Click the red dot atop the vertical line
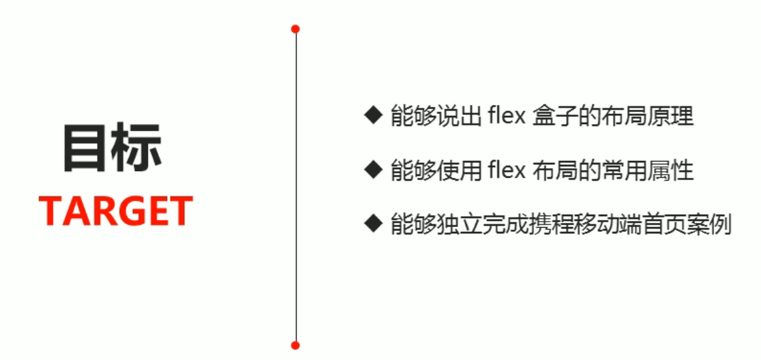[x=295, y=29]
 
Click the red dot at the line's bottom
[x=295, y=345]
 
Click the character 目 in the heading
[x=87, y=148]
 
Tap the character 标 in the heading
[x=139, y=148]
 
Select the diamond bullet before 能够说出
[x=372, y=115]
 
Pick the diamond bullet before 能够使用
[x=372, y=168]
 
